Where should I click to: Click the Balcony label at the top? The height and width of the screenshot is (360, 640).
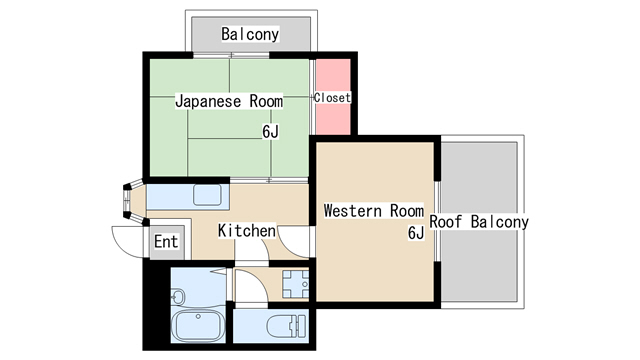tap(250, 34)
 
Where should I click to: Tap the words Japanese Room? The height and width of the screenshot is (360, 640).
tap(229, 101)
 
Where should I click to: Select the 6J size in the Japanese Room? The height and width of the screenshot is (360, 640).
tap(270, 131)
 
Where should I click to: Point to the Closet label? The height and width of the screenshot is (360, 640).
tap(332, 98)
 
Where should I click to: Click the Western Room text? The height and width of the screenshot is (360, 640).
tap(373, 211)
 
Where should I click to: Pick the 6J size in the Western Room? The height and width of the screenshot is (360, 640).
tap(416, 233)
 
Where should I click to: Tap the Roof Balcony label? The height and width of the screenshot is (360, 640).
tap(479, 222)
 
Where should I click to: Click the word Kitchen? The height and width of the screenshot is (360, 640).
tap(247, 231)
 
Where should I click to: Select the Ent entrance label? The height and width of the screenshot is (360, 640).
tap(166, 242)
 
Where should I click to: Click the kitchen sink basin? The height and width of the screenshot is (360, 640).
tap(207, 195)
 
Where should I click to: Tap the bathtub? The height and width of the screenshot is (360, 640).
tap(198, 325)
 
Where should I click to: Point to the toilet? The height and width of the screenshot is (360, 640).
tap(286, 326)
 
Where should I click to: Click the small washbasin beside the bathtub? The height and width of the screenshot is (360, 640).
tap(178, 296)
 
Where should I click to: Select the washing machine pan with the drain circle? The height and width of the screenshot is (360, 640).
tap(295, 284)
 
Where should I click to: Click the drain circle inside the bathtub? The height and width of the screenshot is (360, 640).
tap(198, 316)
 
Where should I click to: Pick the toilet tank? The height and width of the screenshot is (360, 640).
tap(302, 326)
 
